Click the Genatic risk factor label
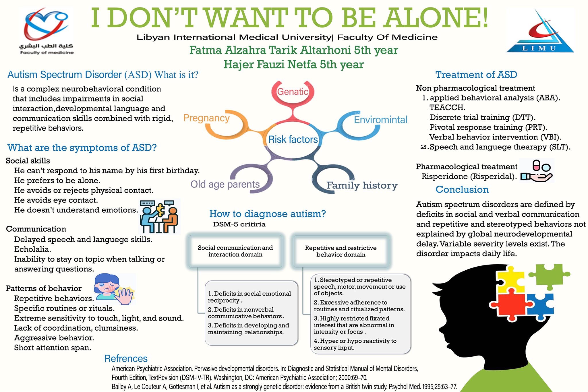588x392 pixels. tap(293, 92)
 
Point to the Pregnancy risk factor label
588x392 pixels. tap(206, 118)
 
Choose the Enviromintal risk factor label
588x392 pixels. tap(380, 120)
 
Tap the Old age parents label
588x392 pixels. tap(225, 184)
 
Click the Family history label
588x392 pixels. tap(362, 185)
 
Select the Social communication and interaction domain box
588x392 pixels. tap(235, 251)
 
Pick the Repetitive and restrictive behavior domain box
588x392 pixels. tap(341, 251)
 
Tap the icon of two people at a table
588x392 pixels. tap(159, 217)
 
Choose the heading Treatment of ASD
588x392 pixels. tap(476, 75)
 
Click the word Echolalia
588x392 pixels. tap(32, 249)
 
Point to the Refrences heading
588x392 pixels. tap(126, 358)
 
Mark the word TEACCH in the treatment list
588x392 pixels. tap(447, 108)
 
